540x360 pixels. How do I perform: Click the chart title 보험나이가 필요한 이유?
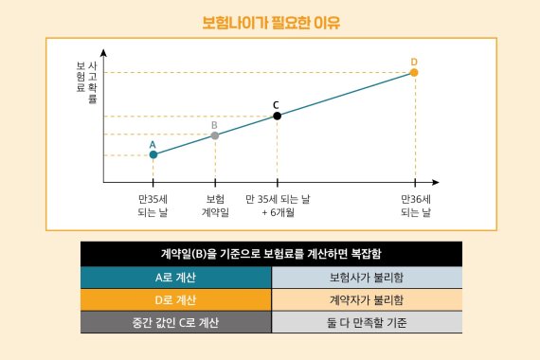point(271,21)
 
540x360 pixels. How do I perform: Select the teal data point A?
point(153,154)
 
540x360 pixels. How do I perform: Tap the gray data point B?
point(215,135)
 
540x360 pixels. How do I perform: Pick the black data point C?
point(277,116)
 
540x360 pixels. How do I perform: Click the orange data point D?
point(414,72)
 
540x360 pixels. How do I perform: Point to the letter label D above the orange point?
point(414,62)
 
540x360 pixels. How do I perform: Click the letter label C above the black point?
point(276,104)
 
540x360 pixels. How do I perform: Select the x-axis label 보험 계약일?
point(215,206)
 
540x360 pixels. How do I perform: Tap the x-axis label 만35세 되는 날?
point(153,206)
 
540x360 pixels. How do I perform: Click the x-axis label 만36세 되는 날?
point(415,206)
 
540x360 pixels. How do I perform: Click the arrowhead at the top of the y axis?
point(103,53)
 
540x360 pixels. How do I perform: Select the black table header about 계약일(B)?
point(271,253)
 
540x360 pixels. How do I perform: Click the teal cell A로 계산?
point(175,278)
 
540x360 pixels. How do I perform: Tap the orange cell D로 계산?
point(175,300)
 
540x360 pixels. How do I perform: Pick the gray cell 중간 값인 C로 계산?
point(175,323)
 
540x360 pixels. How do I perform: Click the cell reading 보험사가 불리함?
point(366,278)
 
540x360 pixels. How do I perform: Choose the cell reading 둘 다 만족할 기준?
point(366,323)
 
